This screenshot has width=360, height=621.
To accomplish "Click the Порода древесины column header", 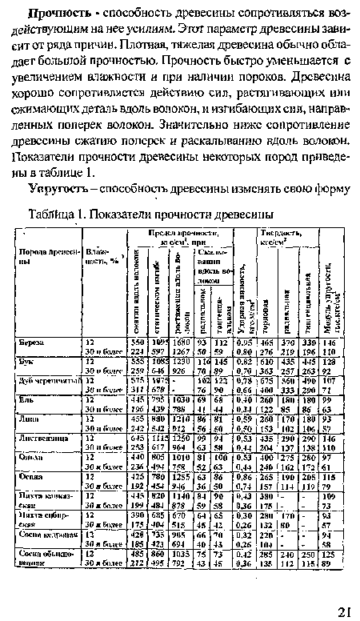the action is (x=45, y=258).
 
